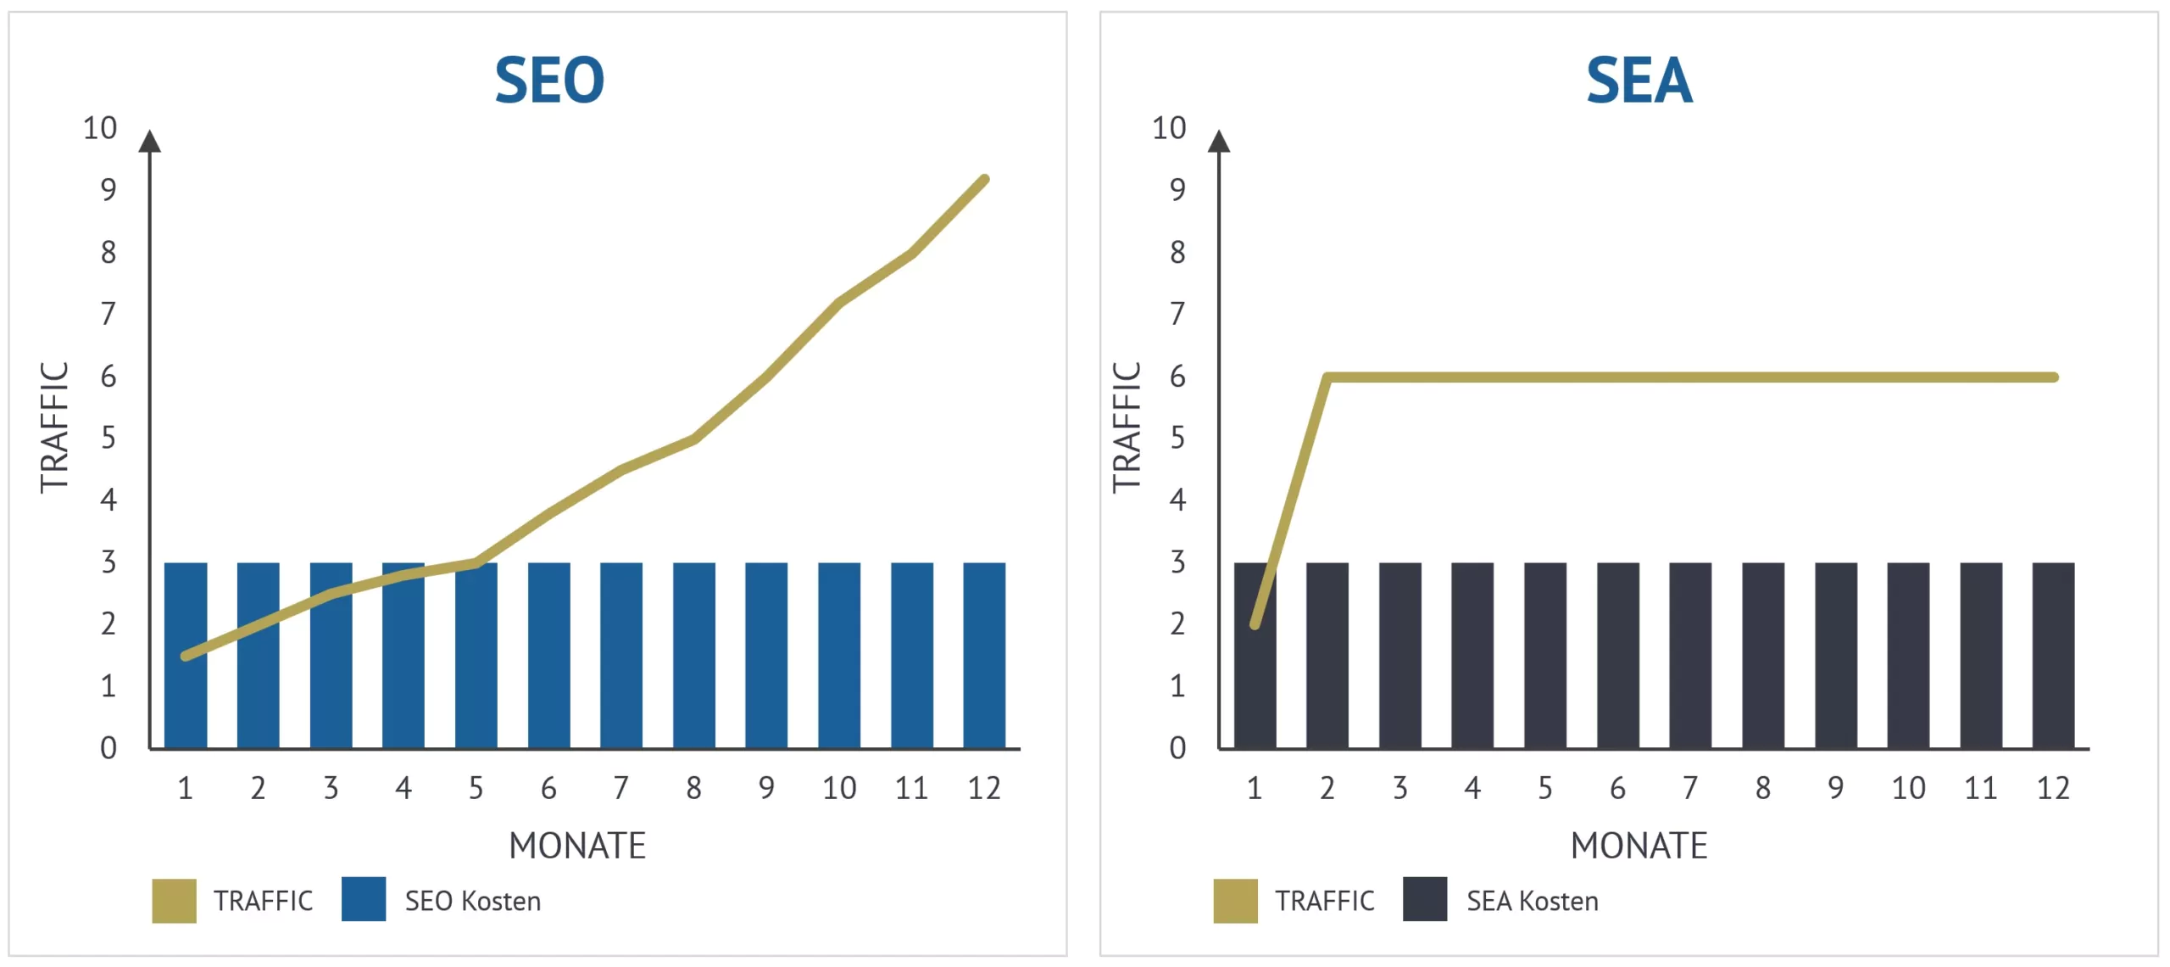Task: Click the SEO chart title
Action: [x=549, y=81]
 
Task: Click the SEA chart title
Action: [x=1639, y=81]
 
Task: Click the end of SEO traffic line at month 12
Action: [x=984, y=180]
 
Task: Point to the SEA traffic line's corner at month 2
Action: [x=1327, y=377]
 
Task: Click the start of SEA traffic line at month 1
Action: [x=1255, y=624]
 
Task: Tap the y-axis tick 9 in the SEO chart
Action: [x=108, y=189]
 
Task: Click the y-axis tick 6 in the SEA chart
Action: [x=1177, y=377]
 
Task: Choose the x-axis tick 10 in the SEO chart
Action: [x=839, y=788]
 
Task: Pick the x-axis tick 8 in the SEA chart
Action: [x=1763, y=788]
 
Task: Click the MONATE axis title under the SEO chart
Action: [x=577, y=846]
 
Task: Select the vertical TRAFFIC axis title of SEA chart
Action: [x=1127, y=428]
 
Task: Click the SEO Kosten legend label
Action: [x=472, y=901]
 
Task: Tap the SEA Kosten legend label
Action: [x=1533, y=901]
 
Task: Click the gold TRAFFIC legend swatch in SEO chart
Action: [x=174, y=901]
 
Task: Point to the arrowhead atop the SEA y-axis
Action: [x=1219, y=142]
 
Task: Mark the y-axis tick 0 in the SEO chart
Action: [x=108, y=748]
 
